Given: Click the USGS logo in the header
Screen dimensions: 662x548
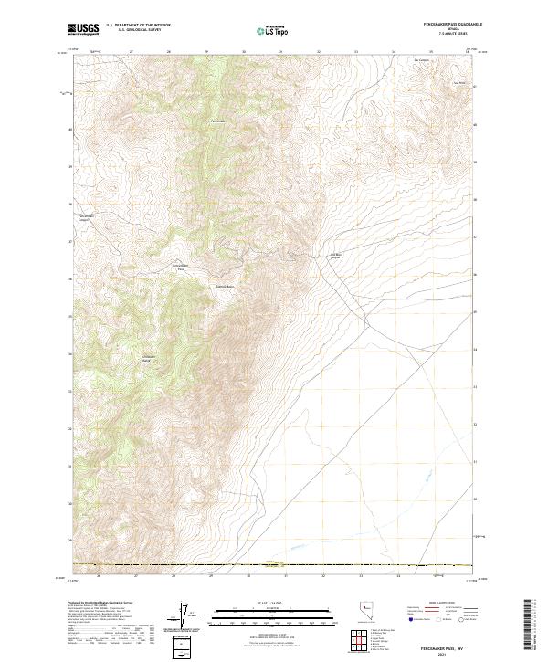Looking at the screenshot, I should (83, 29).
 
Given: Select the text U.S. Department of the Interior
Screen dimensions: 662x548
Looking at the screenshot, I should (138, 26).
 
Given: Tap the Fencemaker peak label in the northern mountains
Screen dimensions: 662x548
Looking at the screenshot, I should (218, 121).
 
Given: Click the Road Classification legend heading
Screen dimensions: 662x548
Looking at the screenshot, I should (439, 604).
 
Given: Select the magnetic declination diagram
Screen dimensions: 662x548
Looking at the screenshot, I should (187, 618).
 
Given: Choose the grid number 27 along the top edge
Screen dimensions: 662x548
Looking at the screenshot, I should (133, 52).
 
